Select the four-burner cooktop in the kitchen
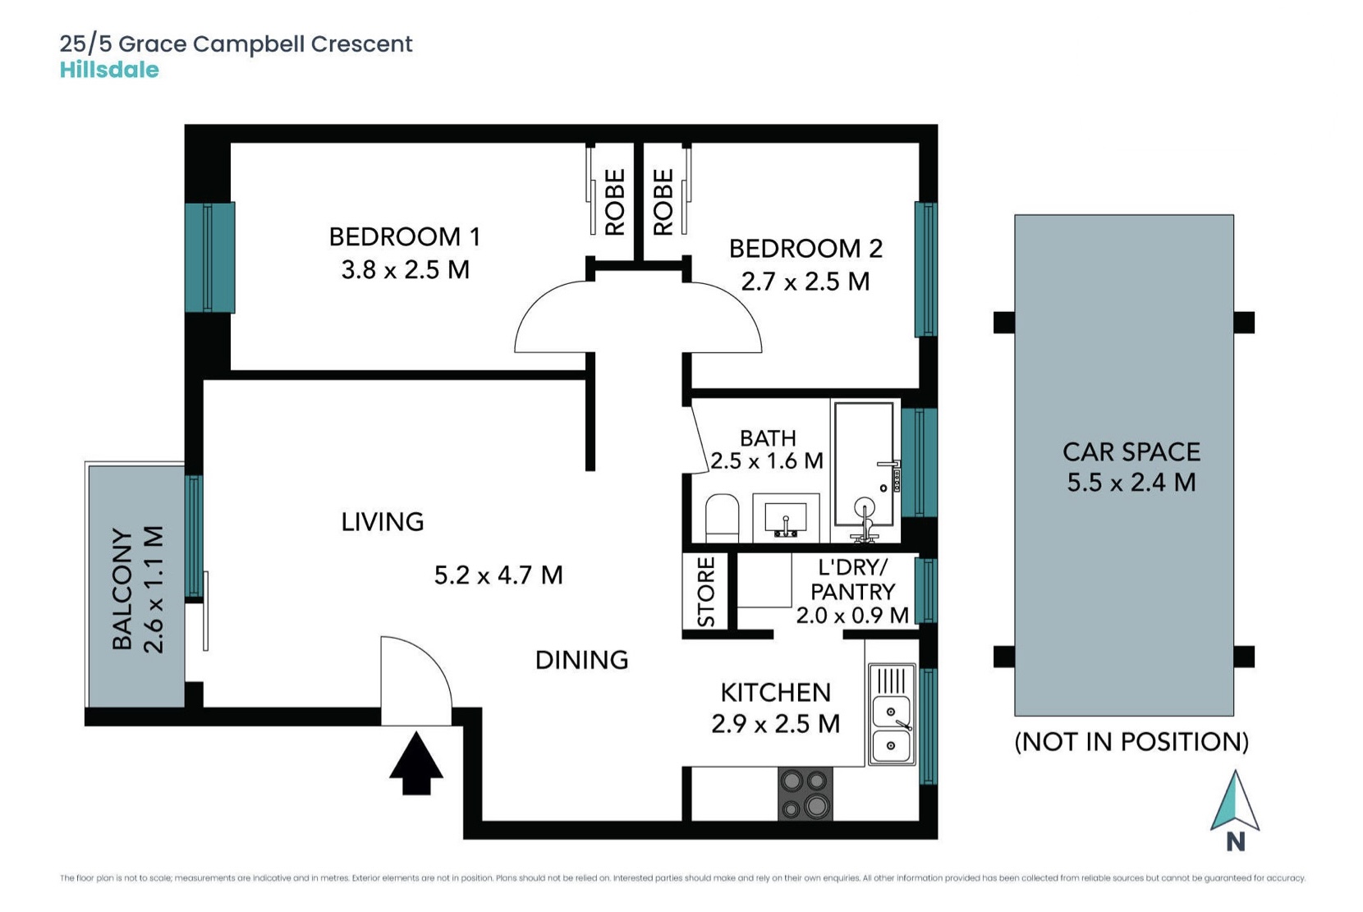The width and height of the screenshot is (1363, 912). [805, 793]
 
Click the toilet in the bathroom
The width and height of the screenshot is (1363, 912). [722, 518]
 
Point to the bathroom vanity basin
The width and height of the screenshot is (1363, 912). [786, 518]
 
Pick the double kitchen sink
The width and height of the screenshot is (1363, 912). [892, 713]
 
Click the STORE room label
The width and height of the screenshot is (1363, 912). [706, 591]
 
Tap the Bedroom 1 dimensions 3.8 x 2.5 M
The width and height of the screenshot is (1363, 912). [406, 270]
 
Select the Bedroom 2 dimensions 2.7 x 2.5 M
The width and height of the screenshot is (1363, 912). [805, 282]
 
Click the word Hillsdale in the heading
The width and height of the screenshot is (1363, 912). [109, 70]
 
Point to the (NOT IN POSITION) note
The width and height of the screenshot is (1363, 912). [1131, 741]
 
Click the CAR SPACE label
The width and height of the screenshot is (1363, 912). [1131, 452]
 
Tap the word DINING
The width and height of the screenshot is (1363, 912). [581, 660]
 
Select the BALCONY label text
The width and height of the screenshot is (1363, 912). [122, 589]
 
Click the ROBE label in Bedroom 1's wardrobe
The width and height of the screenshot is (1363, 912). [615, 202]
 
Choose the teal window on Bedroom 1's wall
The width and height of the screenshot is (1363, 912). [210, 258]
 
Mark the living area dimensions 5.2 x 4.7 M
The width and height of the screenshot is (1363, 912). [498, 575]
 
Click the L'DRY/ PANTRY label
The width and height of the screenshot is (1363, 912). [852, 591]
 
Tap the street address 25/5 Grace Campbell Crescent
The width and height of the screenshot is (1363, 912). [236, 44]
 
